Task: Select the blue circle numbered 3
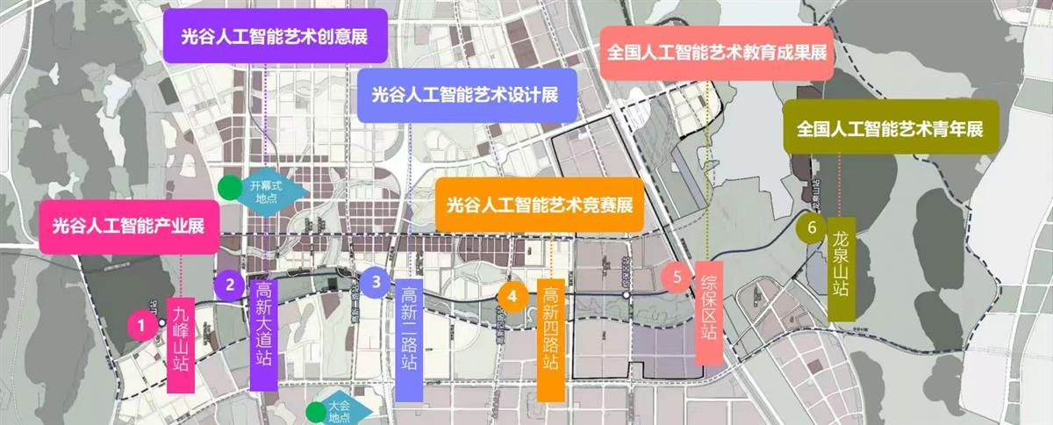[x=376, y=282]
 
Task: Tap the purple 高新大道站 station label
[x=264, y=335]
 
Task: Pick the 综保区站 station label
[x=709, y=312]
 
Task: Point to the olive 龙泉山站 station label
[x=840, y=270]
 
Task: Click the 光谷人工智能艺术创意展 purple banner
[x=275, y=36]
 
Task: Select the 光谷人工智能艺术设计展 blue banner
[x=466, y=95]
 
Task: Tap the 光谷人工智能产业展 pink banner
[x=128, y=227]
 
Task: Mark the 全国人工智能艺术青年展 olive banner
[x=890, y=127]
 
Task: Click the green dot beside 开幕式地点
[x=229, y=187]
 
